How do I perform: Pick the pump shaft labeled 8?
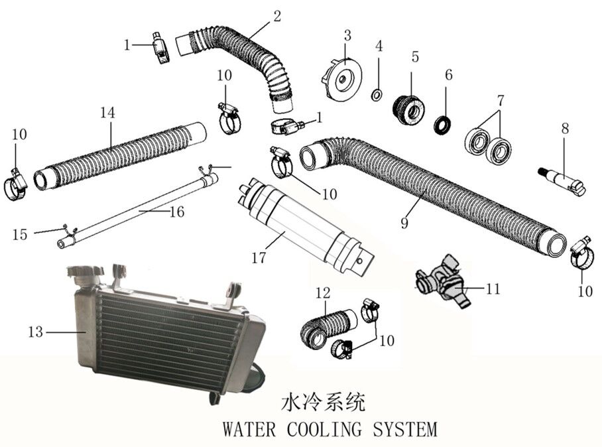pos(562,178)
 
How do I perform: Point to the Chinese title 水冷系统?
pos(324,402)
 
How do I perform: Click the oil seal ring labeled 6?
pos(443,124)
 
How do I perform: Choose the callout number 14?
pos(107,112)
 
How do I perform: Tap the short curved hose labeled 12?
pos(326,328)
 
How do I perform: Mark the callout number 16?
pos(175,212)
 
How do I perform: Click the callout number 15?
pos(20,234)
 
